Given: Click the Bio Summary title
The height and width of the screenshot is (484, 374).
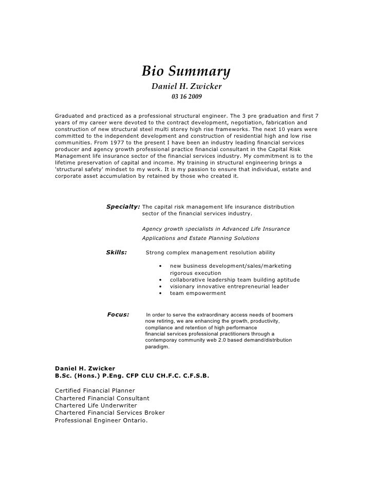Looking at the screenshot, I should [186, 69].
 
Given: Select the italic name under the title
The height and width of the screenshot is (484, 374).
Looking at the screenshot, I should [186, 85].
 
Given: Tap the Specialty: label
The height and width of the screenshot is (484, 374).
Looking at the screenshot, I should [123, 207].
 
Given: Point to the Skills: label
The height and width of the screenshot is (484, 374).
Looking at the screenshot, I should [116, 252].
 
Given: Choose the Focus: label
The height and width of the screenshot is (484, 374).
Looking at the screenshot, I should [118, 314].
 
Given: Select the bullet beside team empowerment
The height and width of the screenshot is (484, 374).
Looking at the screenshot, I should [161, 293].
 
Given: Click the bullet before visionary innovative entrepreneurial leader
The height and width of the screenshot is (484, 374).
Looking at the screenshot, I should [161, 286].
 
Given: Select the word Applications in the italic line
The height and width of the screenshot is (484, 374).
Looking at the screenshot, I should [159, 238].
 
